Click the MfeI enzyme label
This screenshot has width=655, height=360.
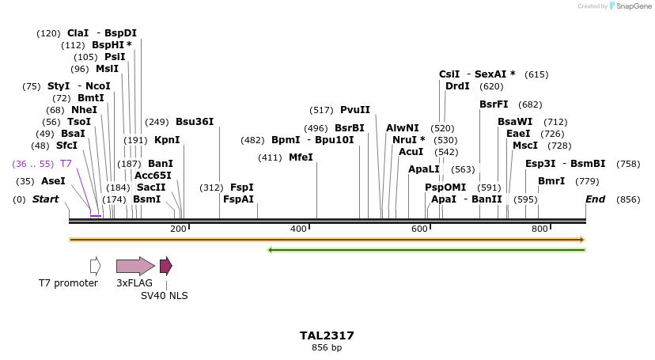(x=301, y=157)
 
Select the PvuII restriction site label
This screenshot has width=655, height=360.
(x=355, y=110)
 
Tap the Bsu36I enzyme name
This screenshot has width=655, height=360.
(x=195, y=122)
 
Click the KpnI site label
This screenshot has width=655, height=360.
(x=167, y=140)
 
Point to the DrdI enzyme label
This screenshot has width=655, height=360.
(x=457, y=86)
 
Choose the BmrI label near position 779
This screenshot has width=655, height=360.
(x=551, y=181)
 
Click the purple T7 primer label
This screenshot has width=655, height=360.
(x=66, y=163)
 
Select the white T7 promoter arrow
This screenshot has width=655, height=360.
(x=96, y=266)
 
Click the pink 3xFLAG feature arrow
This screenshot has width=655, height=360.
(x=135, y=266)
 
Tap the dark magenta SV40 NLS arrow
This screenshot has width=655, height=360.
(x=165, y=266)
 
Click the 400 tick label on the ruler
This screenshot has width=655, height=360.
(x=298, y=229)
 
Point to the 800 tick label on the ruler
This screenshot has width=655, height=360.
(x=540, y=229)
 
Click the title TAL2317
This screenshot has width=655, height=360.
(x=327, y=335)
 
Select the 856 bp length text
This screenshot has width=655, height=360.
(x=327, y=347)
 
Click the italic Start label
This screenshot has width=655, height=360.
(x=45, y=199)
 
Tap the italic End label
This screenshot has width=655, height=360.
(x=595, y=199)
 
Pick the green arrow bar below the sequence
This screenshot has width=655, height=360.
(x=427, y=250)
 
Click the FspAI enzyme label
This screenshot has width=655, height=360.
(x=238, y=199)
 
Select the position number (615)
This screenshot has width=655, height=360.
(x=536, y=74)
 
